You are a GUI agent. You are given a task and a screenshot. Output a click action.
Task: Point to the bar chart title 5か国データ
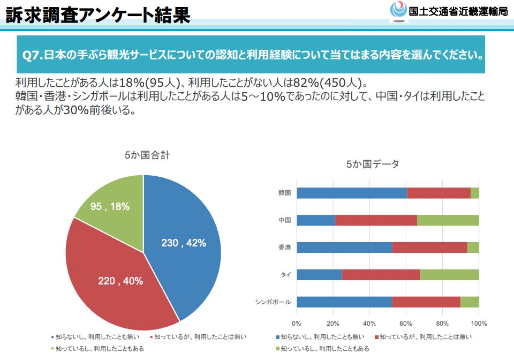tap(372, 164)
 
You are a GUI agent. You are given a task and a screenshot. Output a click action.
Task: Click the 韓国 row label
tap(284, 193)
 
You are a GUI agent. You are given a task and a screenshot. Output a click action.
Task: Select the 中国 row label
tap(284, 220)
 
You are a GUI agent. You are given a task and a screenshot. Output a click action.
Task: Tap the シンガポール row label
tap(273, 302)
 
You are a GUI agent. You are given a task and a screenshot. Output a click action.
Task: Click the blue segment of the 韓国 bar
tap(351, 193)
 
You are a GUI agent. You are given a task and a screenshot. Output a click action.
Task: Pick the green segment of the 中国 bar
tap(448, 220)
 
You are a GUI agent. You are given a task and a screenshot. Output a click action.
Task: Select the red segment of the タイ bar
tap(381, 275)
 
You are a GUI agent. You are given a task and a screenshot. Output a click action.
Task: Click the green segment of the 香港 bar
tap(473, 247)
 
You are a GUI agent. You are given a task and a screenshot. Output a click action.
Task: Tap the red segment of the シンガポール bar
tap(426, 302)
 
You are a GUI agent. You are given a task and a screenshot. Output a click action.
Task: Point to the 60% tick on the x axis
tap(406, 324)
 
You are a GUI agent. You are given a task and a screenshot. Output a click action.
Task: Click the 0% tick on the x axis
tap(297, 324)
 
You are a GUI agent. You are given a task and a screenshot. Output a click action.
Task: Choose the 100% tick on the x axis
tap(478, 324)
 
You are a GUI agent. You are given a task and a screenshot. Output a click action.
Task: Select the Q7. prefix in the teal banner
tap(32, 55)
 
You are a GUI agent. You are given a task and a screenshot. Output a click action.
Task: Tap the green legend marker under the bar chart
tap(278, 349)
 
